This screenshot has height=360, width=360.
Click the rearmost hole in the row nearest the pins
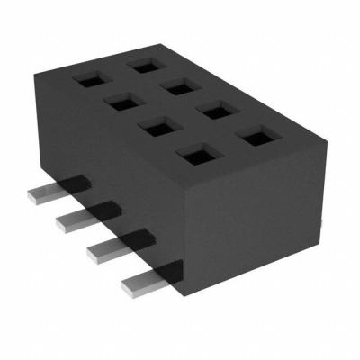point(89,80)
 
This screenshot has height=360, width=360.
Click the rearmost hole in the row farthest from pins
point(142,65)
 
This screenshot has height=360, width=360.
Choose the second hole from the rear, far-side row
point(178,86)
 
